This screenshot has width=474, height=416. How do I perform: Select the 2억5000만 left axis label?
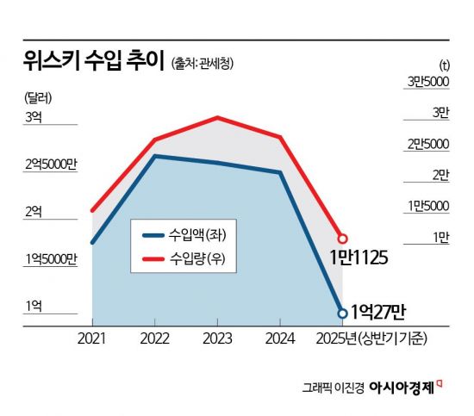coord(51,164)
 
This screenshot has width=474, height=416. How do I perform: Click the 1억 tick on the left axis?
coord(34,306)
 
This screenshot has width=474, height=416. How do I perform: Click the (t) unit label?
coord(444,65)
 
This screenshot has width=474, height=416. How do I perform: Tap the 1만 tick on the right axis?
coord(440,237)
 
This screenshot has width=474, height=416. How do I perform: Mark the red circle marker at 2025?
coord(342,238)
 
